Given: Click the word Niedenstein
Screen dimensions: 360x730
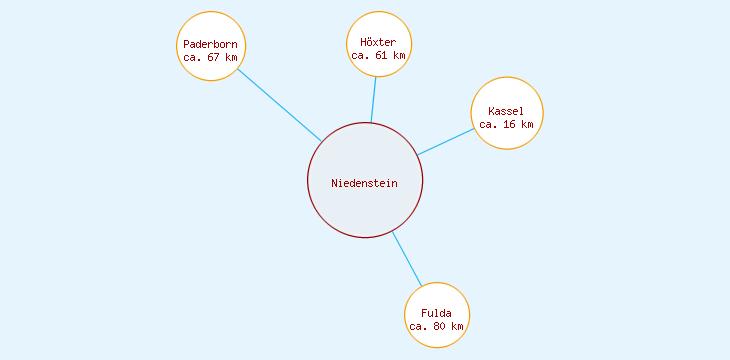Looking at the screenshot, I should [x=365, y=183].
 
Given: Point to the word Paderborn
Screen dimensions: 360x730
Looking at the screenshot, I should [x=210, y=44].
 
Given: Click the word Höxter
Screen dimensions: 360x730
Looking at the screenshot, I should [x=378, y=42].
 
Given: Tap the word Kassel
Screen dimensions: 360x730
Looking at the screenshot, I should [x=506, y=111].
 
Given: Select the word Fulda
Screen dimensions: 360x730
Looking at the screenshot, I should [x=436, y=313].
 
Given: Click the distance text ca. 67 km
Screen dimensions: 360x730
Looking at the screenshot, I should [x=210, y=57].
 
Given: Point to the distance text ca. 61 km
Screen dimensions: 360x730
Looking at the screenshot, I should [x=378, y=55].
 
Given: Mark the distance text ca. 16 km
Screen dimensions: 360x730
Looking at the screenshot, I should [x=506, y=124].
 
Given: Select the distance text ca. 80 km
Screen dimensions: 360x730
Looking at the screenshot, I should [x=436, y=326].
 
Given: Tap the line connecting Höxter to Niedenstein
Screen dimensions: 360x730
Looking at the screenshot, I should [x=374, y=99].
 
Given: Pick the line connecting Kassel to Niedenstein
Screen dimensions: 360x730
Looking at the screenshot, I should [x=446, y=141].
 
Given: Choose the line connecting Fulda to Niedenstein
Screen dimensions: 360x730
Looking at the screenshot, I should [x=407, y=258].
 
